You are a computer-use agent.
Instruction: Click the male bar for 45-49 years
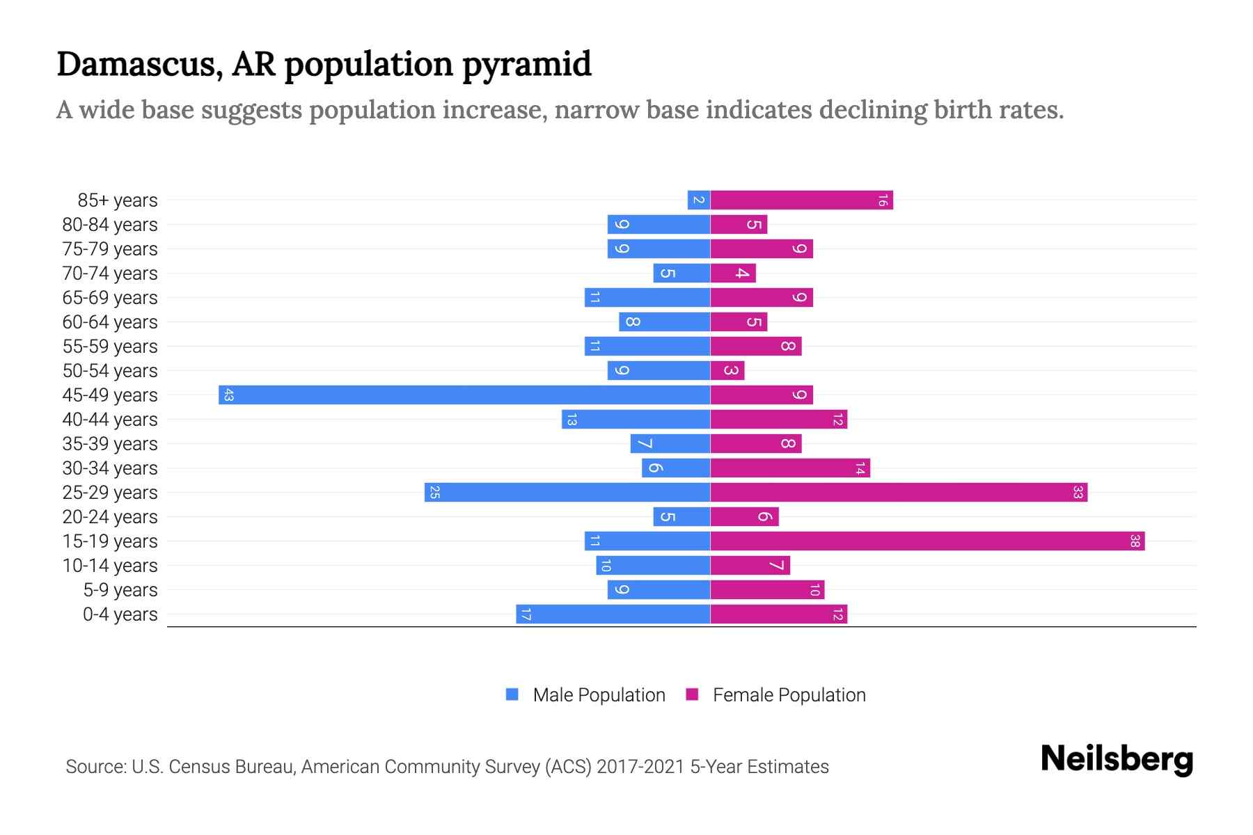(464, 395)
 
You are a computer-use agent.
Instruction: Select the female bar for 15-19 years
(927, 541)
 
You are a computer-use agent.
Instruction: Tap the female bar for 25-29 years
(899, 493)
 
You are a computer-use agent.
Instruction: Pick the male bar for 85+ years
(699, 200)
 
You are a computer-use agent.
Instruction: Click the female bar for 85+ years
(801, 200)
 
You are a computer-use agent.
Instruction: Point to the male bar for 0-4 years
(613, 614)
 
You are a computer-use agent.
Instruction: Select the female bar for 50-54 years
(727, 371)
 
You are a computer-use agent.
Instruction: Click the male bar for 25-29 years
(567, 493)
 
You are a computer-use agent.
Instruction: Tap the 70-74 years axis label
(110, 273)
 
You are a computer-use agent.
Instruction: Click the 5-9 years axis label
(120, 590)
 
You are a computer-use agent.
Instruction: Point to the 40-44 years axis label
(110, 420)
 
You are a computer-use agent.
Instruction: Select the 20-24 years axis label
(110, 517)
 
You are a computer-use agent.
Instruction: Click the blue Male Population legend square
(512, 694)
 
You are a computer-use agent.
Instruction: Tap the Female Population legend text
(789, 695)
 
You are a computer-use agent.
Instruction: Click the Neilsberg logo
(1117, 759)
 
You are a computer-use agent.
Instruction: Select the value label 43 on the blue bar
(228, 395)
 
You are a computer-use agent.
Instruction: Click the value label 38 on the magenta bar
(1135, 541)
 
